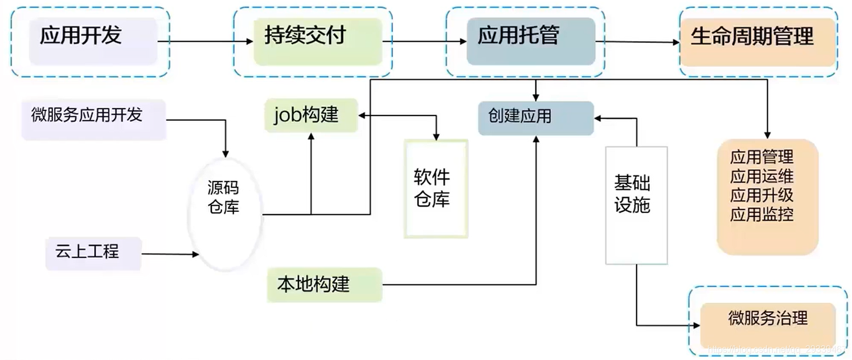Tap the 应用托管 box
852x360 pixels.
530,40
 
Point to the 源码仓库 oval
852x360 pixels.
224,214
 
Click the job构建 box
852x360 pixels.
311,115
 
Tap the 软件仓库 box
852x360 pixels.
436,189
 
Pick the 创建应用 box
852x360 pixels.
535,118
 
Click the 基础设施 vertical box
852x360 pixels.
636,205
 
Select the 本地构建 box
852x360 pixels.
324,284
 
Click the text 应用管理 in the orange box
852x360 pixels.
761,157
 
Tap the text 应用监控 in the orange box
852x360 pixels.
761,215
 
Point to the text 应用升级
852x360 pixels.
761,195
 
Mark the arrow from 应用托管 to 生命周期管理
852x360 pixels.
637,42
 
